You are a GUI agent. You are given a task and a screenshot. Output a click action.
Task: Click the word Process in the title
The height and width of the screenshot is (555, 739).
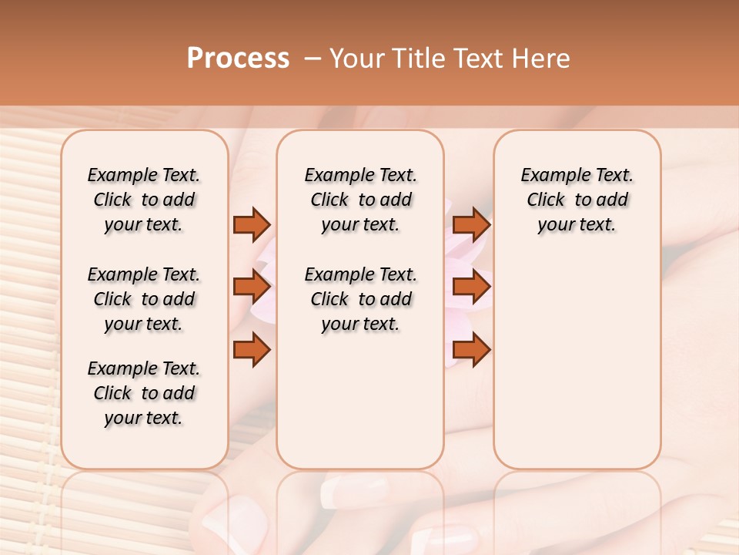[x=238, y=59]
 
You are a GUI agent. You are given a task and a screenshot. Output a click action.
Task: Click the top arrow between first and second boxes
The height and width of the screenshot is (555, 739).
[x=252, y=224]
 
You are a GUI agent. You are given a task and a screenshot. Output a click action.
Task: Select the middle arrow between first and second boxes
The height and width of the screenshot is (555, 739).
[x=252, y=287]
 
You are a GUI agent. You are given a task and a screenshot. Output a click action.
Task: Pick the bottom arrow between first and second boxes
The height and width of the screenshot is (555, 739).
[x=252, y=350]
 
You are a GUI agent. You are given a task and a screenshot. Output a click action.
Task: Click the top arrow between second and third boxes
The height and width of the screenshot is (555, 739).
[x=471, y=224]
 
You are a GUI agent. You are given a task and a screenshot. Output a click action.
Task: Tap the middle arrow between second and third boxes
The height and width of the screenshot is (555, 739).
[x=471, y=287]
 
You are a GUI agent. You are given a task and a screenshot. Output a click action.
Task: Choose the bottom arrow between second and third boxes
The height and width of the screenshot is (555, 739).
[x=471, y=350]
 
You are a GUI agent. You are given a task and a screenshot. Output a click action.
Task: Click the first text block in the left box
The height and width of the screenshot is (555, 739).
[x=144, y=200]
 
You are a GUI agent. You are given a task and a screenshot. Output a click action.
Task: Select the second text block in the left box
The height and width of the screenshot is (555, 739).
[x=144, y=299]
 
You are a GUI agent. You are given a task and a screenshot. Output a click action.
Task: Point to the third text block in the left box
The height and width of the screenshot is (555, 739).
[x=144, y=393]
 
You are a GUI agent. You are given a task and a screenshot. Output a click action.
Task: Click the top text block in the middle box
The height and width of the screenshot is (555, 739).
[x=360, y=200]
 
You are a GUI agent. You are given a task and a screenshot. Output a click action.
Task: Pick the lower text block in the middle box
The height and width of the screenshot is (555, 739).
[x=360, y=299]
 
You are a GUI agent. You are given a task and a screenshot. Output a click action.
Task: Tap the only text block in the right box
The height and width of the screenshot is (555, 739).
[x=577, y=200]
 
